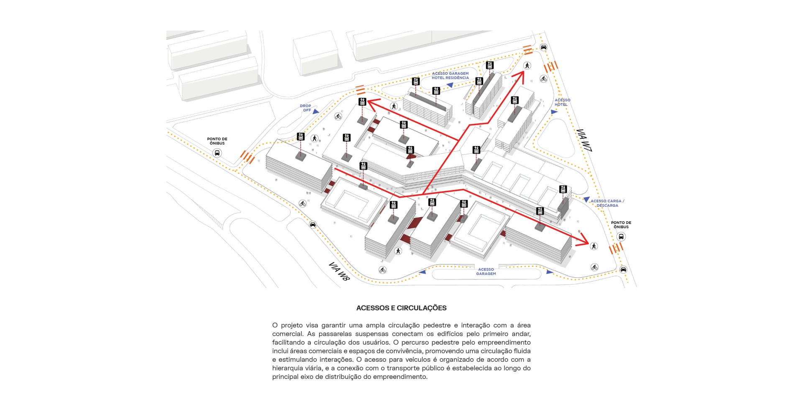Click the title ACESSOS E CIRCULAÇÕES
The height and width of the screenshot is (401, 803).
[x=401, y=308]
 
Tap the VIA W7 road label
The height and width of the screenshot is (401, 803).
[x=584, y=140]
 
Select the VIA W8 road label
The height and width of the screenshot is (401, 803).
[x=339, y=271]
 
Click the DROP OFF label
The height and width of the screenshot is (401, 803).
[x=306, y=108]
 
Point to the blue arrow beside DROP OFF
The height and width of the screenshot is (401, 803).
[x=316, y=112]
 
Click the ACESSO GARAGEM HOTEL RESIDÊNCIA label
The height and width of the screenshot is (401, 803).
[x=450, y=76]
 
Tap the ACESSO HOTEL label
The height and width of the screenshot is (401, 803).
[x=562, y=102]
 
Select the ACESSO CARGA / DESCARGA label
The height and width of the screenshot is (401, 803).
[x=607, y=203]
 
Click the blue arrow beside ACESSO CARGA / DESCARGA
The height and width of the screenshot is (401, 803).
[x=586, y=200]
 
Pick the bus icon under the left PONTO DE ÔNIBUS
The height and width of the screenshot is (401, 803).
[x=217, y=153]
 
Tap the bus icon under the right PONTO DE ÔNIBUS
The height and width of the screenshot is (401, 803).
[x=621, y=237]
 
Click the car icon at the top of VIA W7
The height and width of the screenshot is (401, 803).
[x=543, y=47]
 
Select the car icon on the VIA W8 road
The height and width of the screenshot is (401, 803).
[x=313, y=225]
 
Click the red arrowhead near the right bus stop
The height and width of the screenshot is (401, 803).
[x=582, y=241]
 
